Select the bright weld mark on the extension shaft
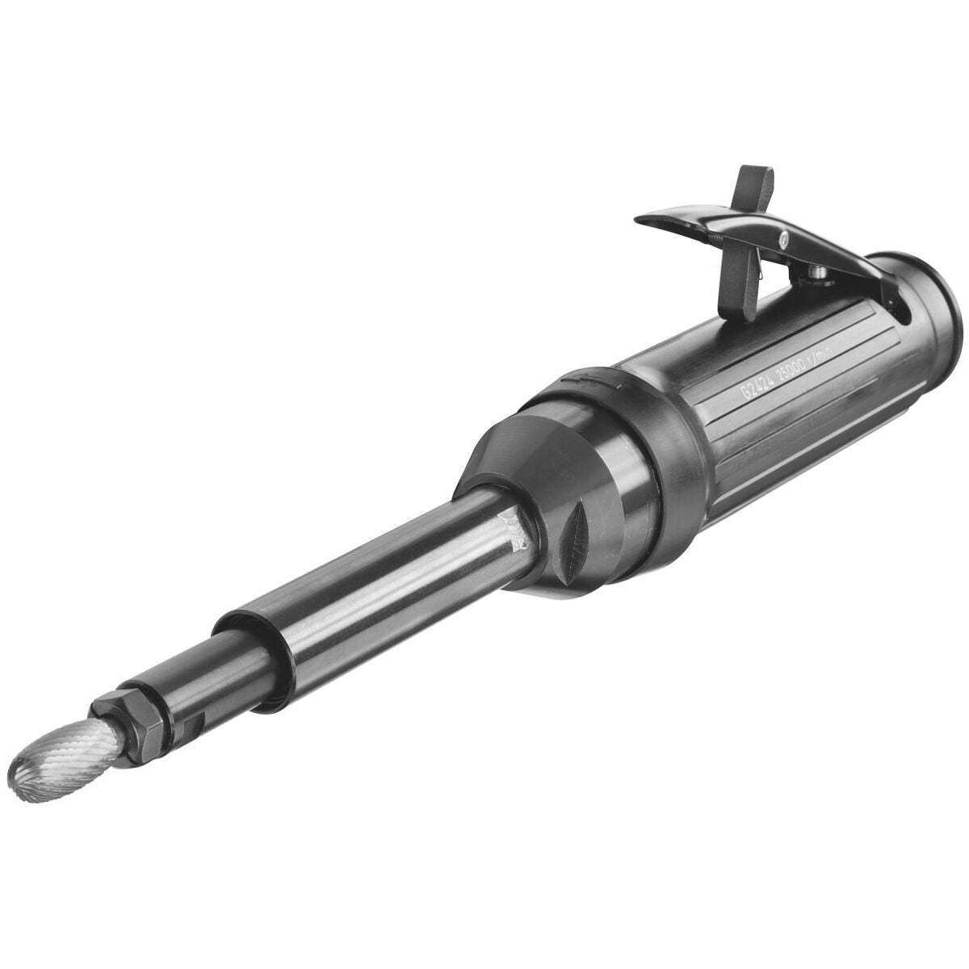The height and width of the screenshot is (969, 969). point(517,529)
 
